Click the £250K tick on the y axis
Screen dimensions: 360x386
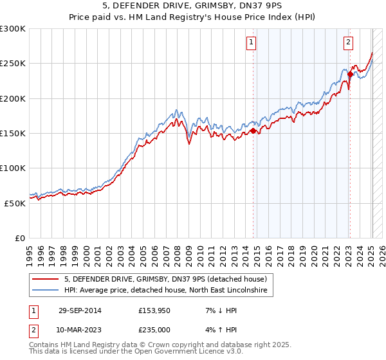(x=13, y=64)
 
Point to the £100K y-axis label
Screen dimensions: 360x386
(x=13, y=168)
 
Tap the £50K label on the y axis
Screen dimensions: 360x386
(x=15, y=203)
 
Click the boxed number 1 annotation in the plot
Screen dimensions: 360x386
(x=250, y=43)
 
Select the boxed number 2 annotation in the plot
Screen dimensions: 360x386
(x=348, y=43)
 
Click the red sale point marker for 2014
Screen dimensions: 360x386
(x=253, y=130)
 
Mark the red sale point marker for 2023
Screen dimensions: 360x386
(x=350, y=74)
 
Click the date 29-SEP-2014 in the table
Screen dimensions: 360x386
(x=80, y=310)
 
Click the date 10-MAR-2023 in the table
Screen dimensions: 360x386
(x=80, y=330)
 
